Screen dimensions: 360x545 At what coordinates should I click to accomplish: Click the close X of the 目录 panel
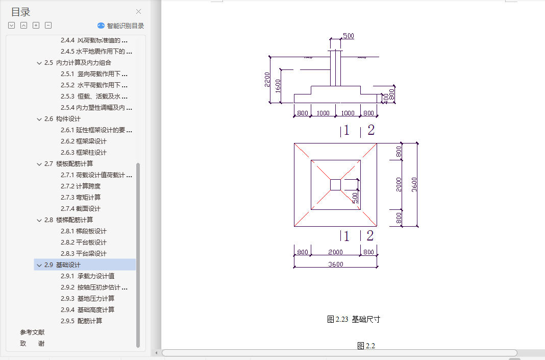click(x=138, y=12)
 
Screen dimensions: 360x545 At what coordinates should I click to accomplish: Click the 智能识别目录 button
click(x=121, y=26)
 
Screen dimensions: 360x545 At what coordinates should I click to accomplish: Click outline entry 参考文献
click(x=32, y=332)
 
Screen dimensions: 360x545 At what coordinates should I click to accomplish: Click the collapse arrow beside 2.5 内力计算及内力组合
click(x=39, y=63)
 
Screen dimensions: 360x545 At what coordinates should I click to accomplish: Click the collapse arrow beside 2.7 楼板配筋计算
click(x=39, y=164)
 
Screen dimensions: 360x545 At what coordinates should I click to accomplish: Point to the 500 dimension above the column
click(x=348, y=36)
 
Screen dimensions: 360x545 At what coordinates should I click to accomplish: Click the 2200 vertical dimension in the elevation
click(x=267, y=79)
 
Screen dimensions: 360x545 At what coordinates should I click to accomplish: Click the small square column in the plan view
click(x=335, y=184)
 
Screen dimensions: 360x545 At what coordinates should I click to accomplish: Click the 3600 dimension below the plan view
click(x=335, y=264)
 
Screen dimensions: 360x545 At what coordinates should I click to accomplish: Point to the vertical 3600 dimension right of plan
click(x=414, y=184)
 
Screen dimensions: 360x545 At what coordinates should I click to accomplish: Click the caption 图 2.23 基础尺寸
click(x=353, y=319)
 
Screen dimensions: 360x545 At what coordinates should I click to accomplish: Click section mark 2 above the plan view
click(x=370, y=130)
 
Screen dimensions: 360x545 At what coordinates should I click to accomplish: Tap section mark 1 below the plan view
click(x=346, y=236)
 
